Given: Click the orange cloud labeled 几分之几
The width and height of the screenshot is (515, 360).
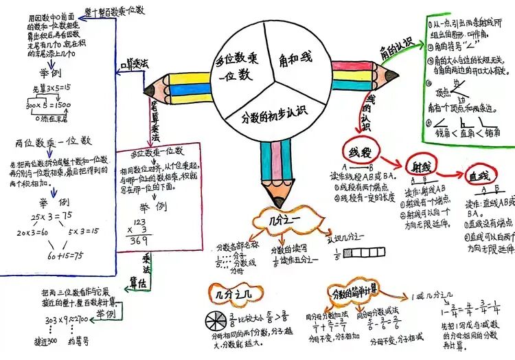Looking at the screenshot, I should click(x=236, y=294).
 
